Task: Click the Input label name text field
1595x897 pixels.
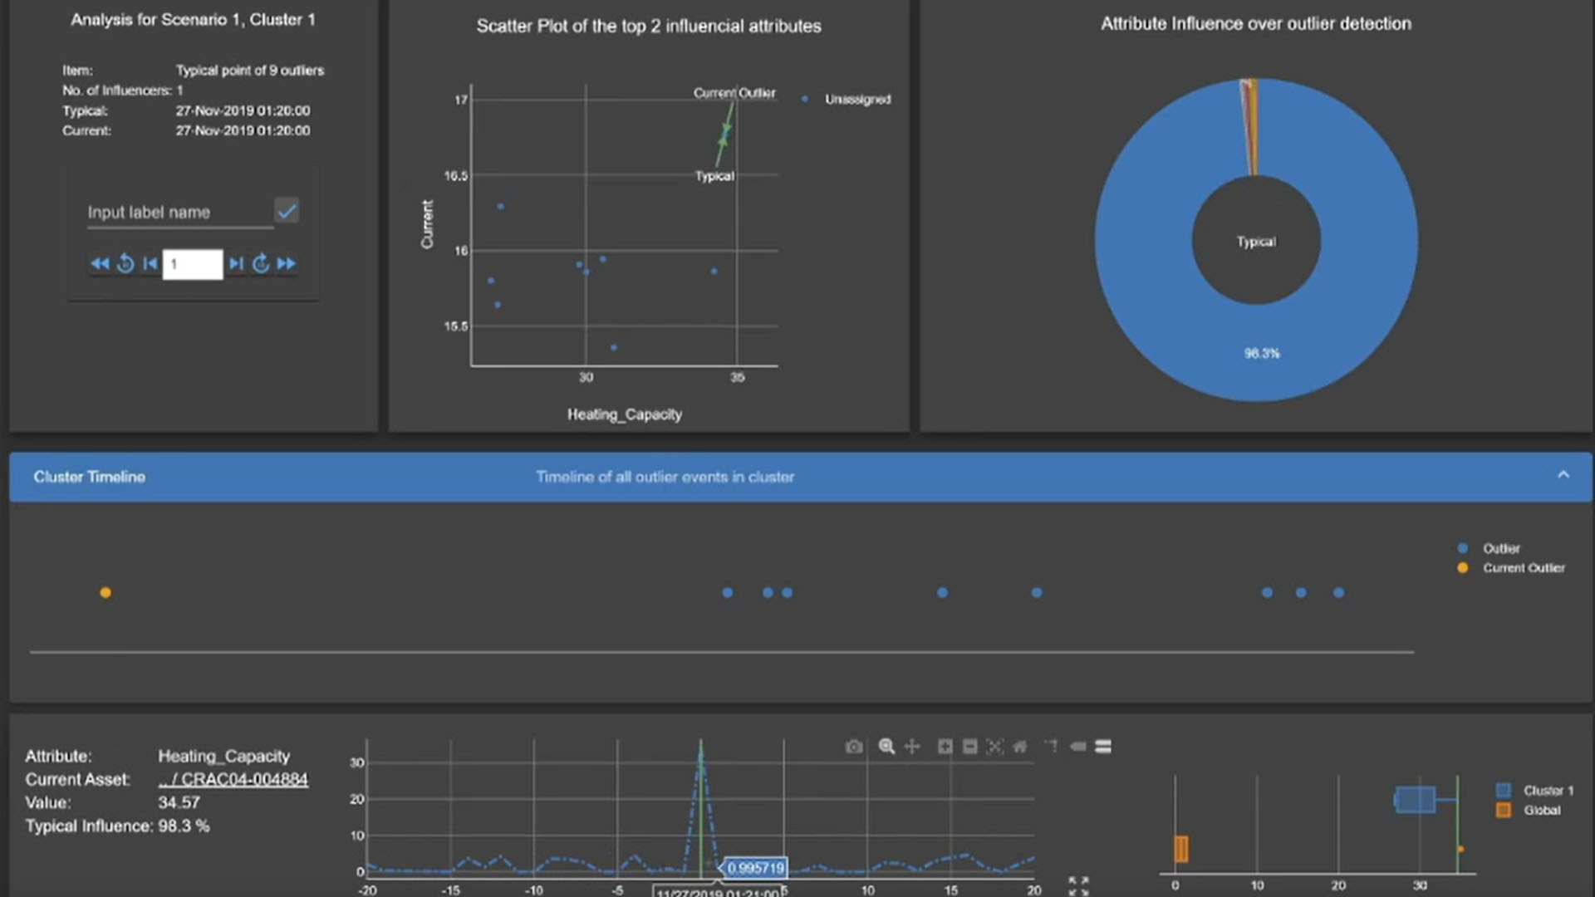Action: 179,213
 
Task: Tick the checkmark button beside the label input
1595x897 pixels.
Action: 287,211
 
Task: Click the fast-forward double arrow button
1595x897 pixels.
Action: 287,264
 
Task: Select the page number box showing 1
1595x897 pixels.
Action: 193,264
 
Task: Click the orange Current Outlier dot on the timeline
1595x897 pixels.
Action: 106,593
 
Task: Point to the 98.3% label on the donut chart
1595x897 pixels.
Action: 1262,354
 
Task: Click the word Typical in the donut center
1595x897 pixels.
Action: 1256,242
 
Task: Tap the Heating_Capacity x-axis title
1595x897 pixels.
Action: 625,414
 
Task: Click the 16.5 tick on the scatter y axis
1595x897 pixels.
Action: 455,176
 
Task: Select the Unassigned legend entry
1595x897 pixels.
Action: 856,100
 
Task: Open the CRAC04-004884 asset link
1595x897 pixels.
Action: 233,780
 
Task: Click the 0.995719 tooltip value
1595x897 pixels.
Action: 755,869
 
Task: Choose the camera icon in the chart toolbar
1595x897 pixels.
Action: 854,747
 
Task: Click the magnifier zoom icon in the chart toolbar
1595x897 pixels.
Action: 886,747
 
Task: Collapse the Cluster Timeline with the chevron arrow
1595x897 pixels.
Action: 1563,476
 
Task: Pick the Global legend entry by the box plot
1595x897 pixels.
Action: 1541,811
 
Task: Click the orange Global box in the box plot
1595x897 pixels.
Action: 1181,849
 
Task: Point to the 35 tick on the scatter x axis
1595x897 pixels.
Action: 737,378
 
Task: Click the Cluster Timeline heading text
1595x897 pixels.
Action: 90,477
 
